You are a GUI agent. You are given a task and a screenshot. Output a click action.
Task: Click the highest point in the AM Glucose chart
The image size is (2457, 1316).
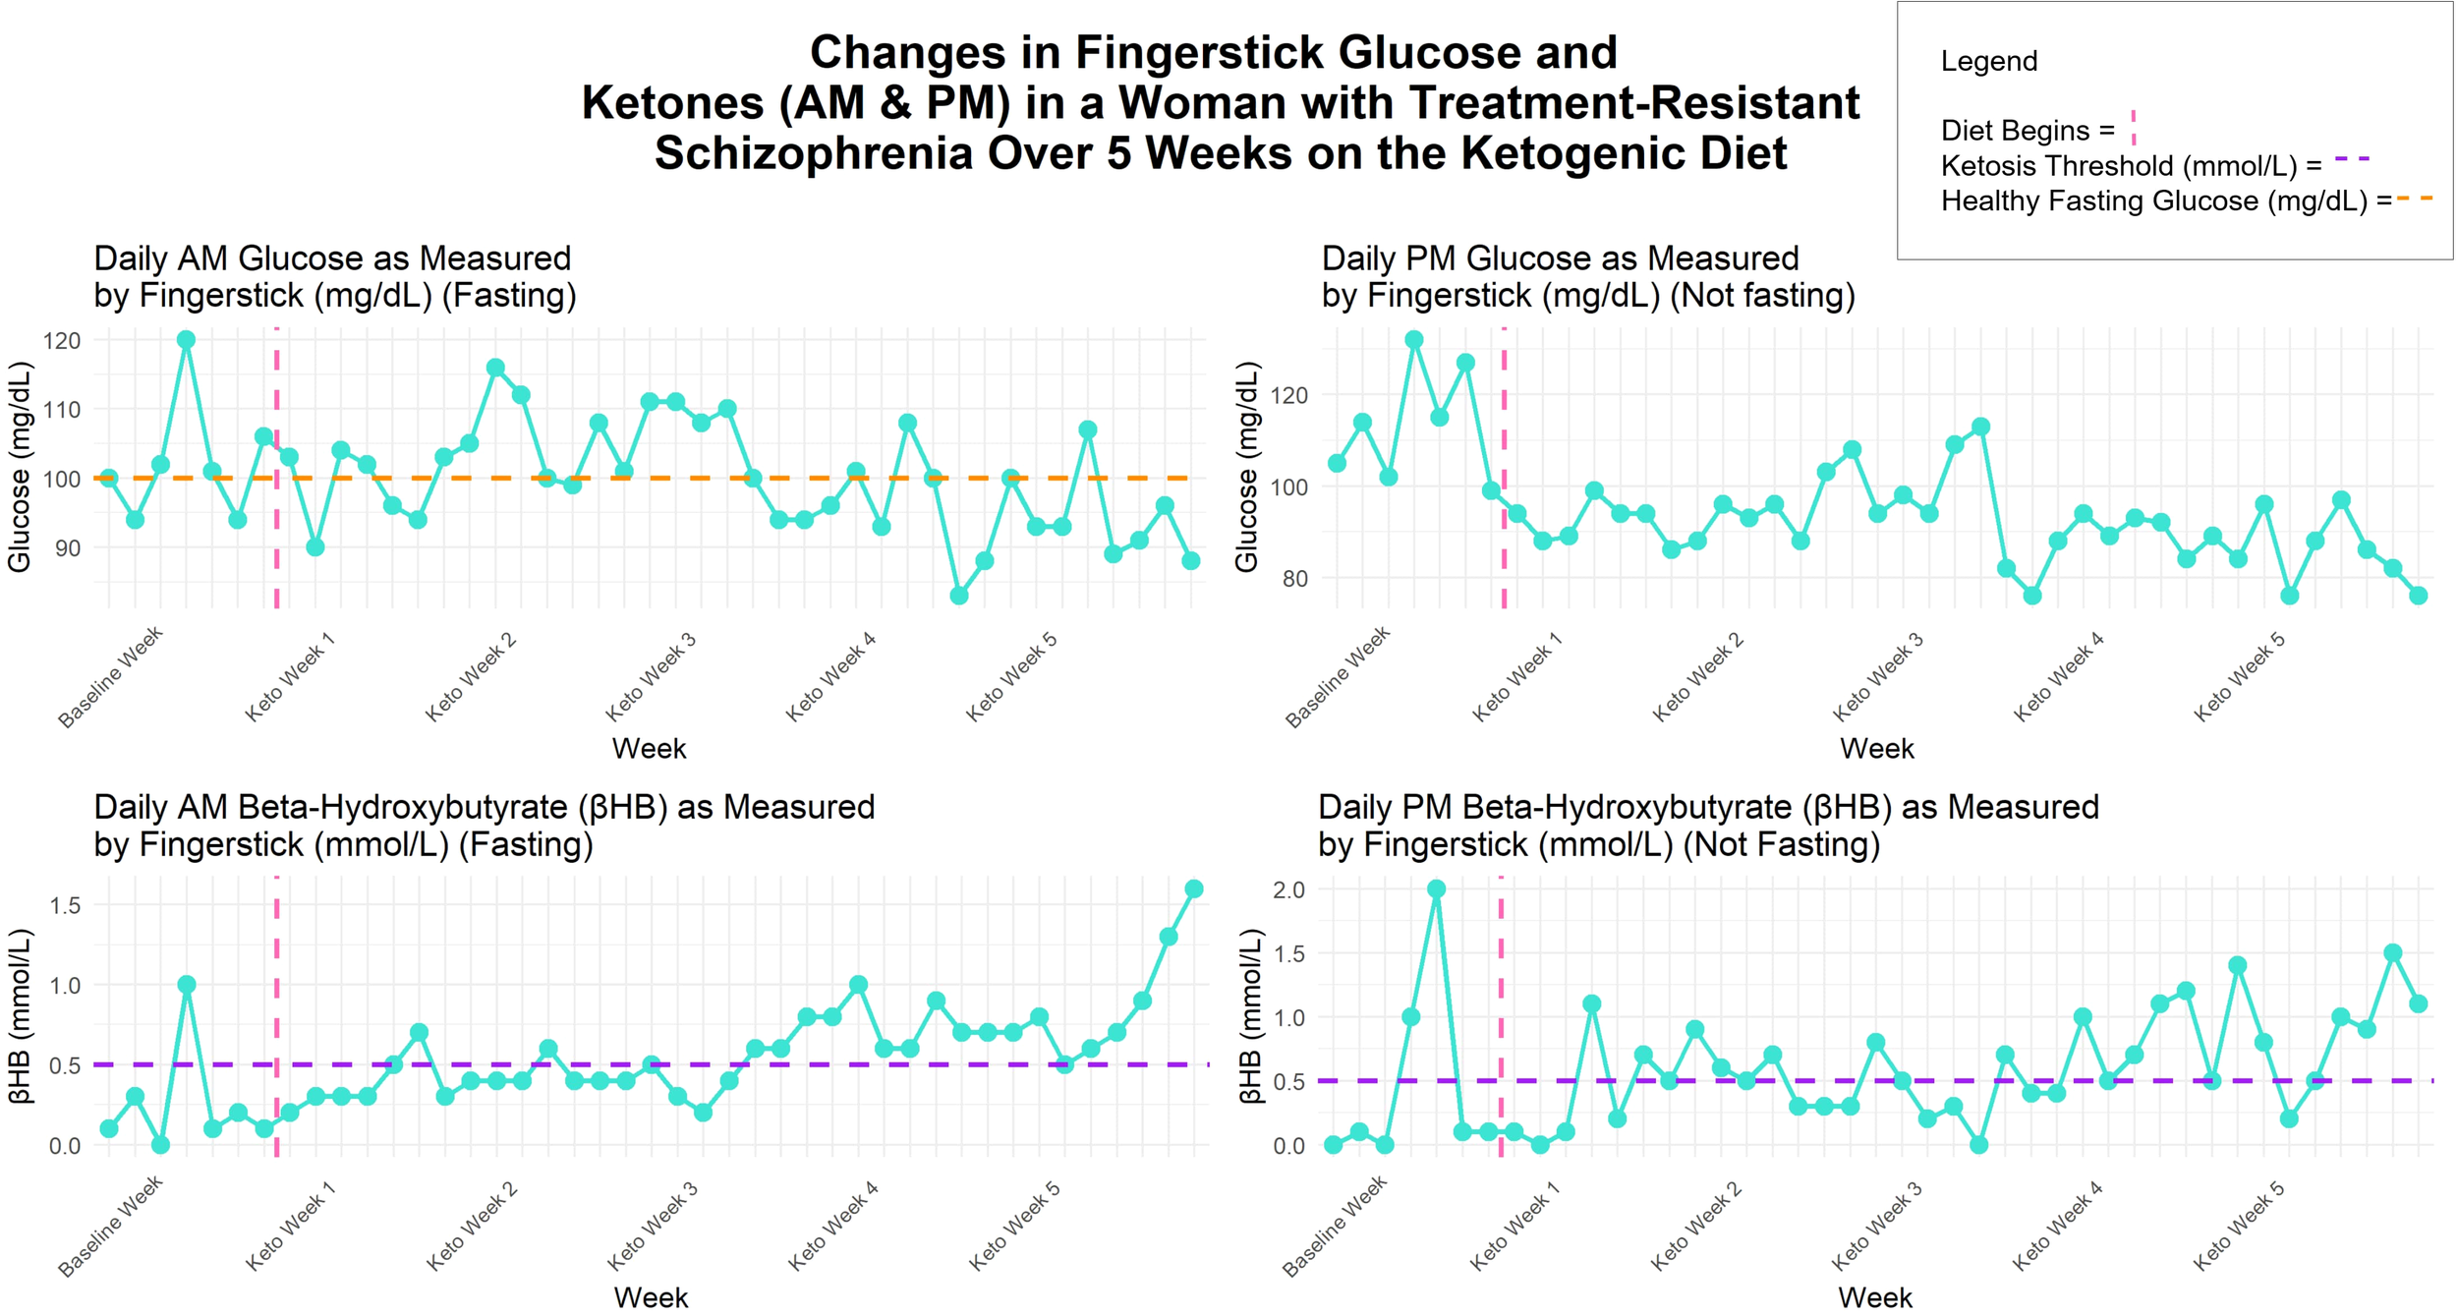pos(186,340)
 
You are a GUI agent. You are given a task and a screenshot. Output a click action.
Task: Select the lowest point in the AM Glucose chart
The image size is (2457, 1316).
pos(959,596)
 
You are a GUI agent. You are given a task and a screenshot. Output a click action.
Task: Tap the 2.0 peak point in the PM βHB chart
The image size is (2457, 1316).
pos(1436,889)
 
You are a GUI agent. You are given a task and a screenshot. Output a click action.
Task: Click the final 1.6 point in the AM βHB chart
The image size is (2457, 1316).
pos(1194,889)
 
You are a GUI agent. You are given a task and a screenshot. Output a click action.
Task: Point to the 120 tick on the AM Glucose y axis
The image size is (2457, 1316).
pos(61,341)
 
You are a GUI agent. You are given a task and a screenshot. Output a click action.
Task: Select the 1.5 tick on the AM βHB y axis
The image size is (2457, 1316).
pos(65,905)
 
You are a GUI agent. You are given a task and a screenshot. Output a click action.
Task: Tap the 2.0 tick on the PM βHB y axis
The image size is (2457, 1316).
pos(1288,890)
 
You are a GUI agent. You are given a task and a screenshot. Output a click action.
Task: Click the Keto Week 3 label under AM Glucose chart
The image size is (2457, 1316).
pos(651,677)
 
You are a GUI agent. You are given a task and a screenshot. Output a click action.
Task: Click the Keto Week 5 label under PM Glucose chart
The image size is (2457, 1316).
pos(2240,677)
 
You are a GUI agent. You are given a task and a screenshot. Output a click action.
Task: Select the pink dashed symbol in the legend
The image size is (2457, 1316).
pos(2133,128)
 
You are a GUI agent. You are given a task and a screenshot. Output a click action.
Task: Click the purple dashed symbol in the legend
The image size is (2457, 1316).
pos(2352,158)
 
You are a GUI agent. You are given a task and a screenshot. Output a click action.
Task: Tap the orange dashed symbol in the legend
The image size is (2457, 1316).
pos(2415,200)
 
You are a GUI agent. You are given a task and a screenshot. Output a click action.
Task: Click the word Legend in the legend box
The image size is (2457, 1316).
pos(1988,61)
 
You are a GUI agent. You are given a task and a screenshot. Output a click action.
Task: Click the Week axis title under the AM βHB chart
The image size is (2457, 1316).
pos(651,1297)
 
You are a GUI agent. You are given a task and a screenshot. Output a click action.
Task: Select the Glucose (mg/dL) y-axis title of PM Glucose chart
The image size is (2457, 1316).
pos(1246,467)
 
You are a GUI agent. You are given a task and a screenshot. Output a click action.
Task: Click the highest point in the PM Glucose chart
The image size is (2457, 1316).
pos(1414,340)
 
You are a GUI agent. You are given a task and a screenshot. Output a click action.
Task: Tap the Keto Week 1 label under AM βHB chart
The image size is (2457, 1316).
pos(290,1228)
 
